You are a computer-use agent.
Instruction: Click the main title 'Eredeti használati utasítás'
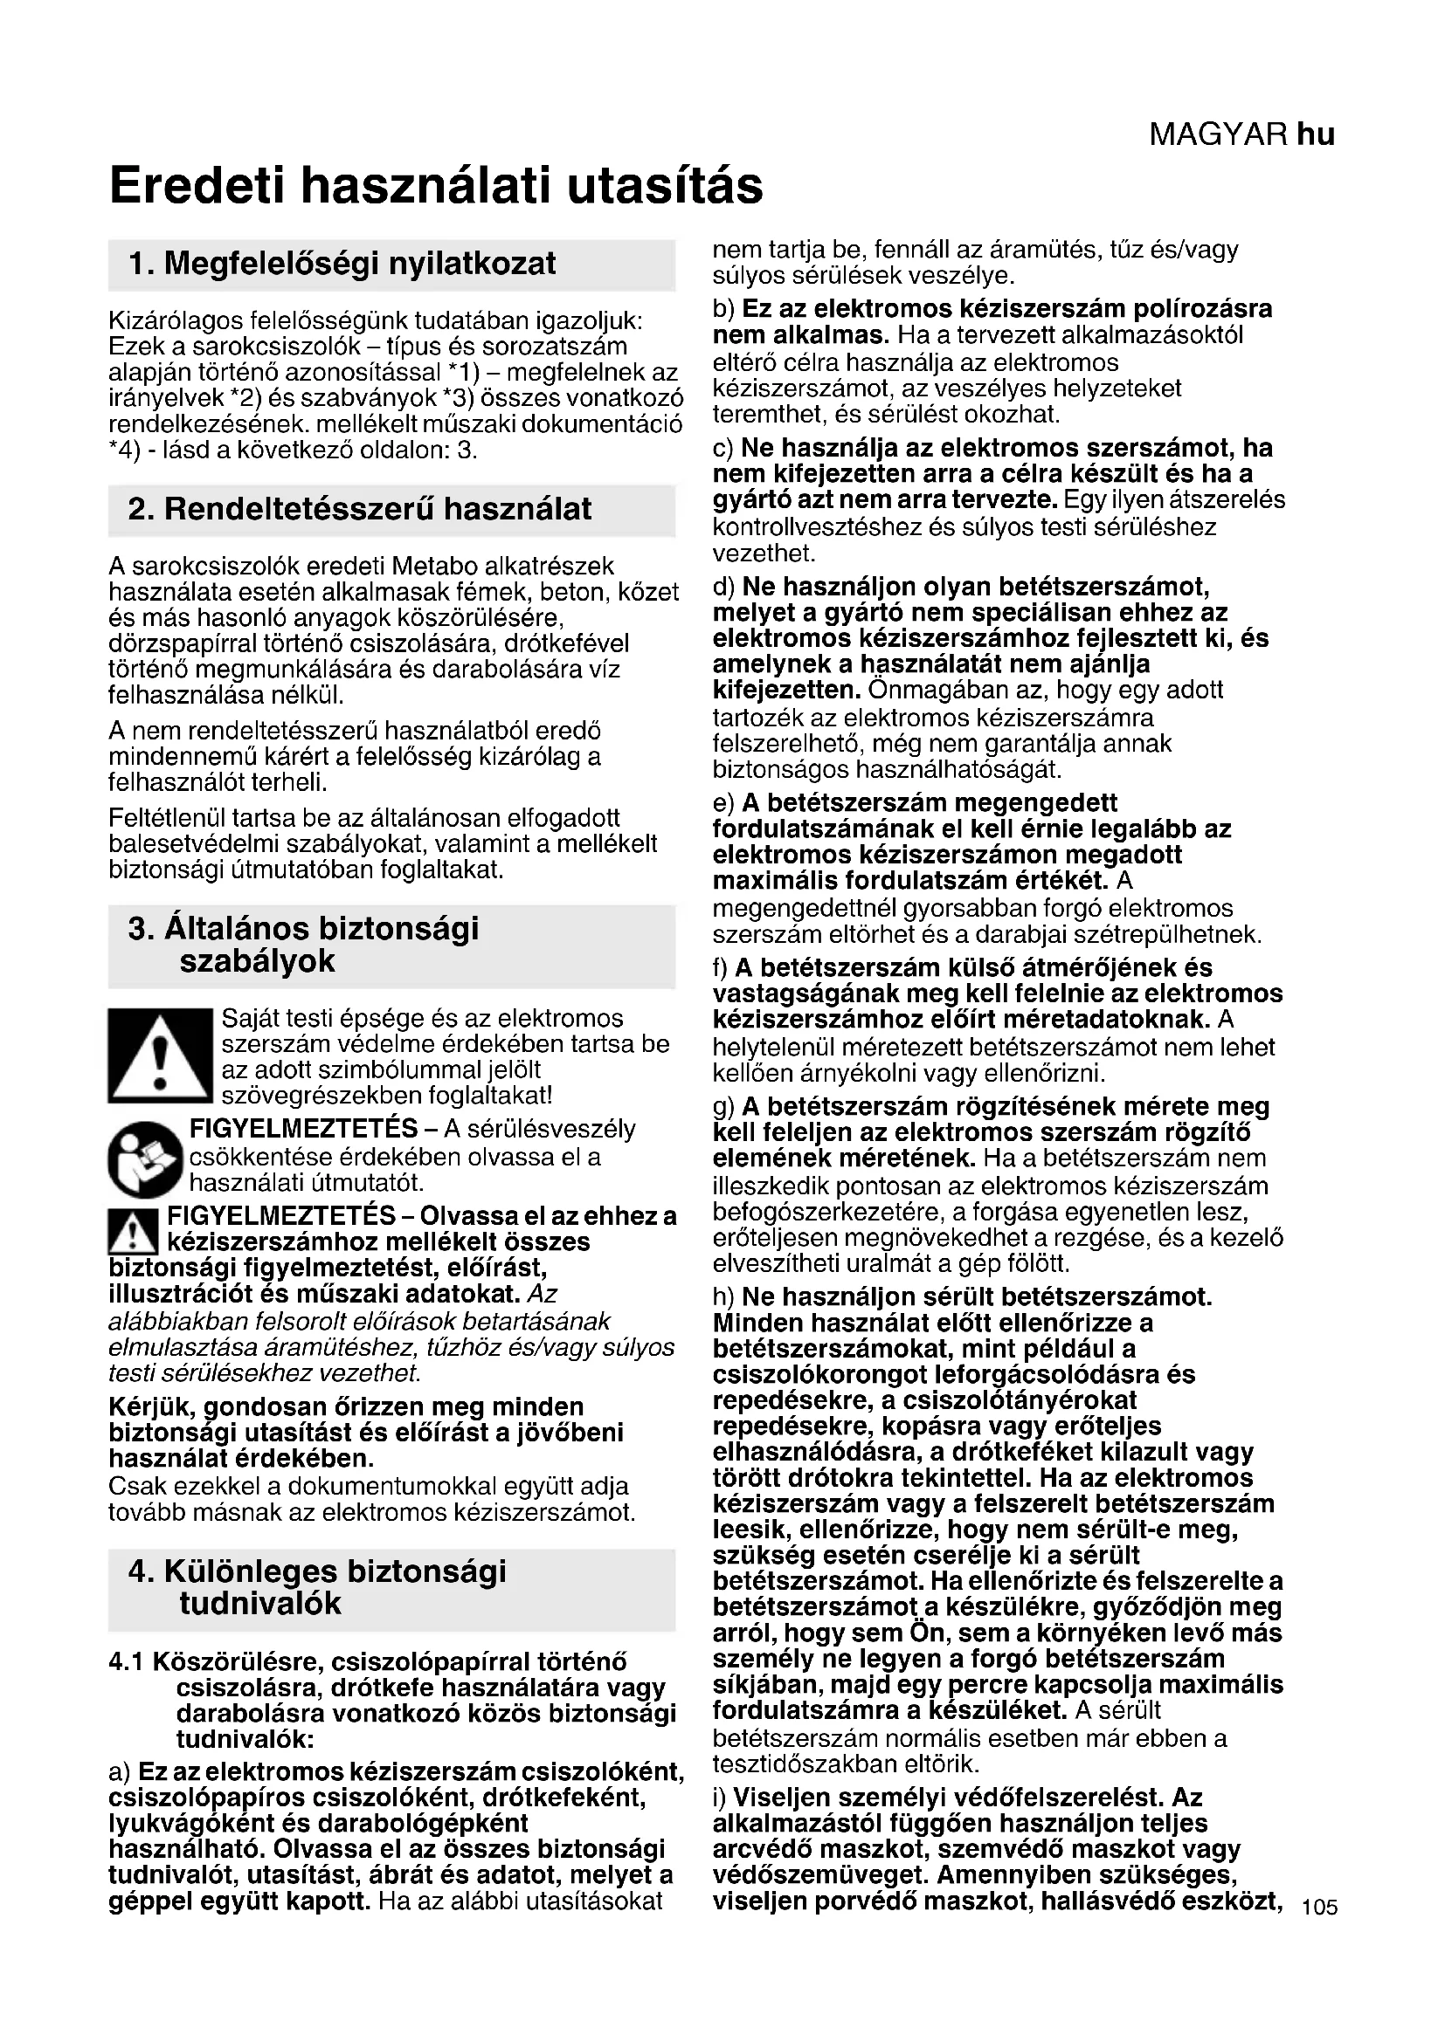[x=436, y=186]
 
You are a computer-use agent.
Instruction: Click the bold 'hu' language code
[x=1316, y=134]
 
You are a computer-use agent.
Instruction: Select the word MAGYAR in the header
[x=1218, y=134]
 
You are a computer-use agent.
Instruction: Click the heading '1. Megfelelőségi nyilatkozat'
[x=342, y=264]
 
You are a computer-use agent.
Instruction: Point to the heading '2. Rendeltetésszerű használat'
[x=359, y=509]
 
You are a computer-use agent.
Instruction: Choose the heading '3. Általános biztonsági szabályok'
[x=303, y=945]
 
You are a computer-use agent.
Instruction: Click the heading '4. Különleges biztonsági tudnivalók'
[x=317, y=1586]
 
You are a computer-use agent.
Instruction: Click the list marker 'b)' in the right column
[x=724, y=310]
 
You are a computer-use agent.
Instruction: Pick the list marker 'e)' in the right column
[x=724, y=803]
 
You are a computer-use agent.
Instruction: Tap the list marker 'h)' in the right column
[x=724, y=1296]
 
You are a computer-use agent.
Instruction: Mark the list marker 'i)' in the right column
[x=720, y=1797]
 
